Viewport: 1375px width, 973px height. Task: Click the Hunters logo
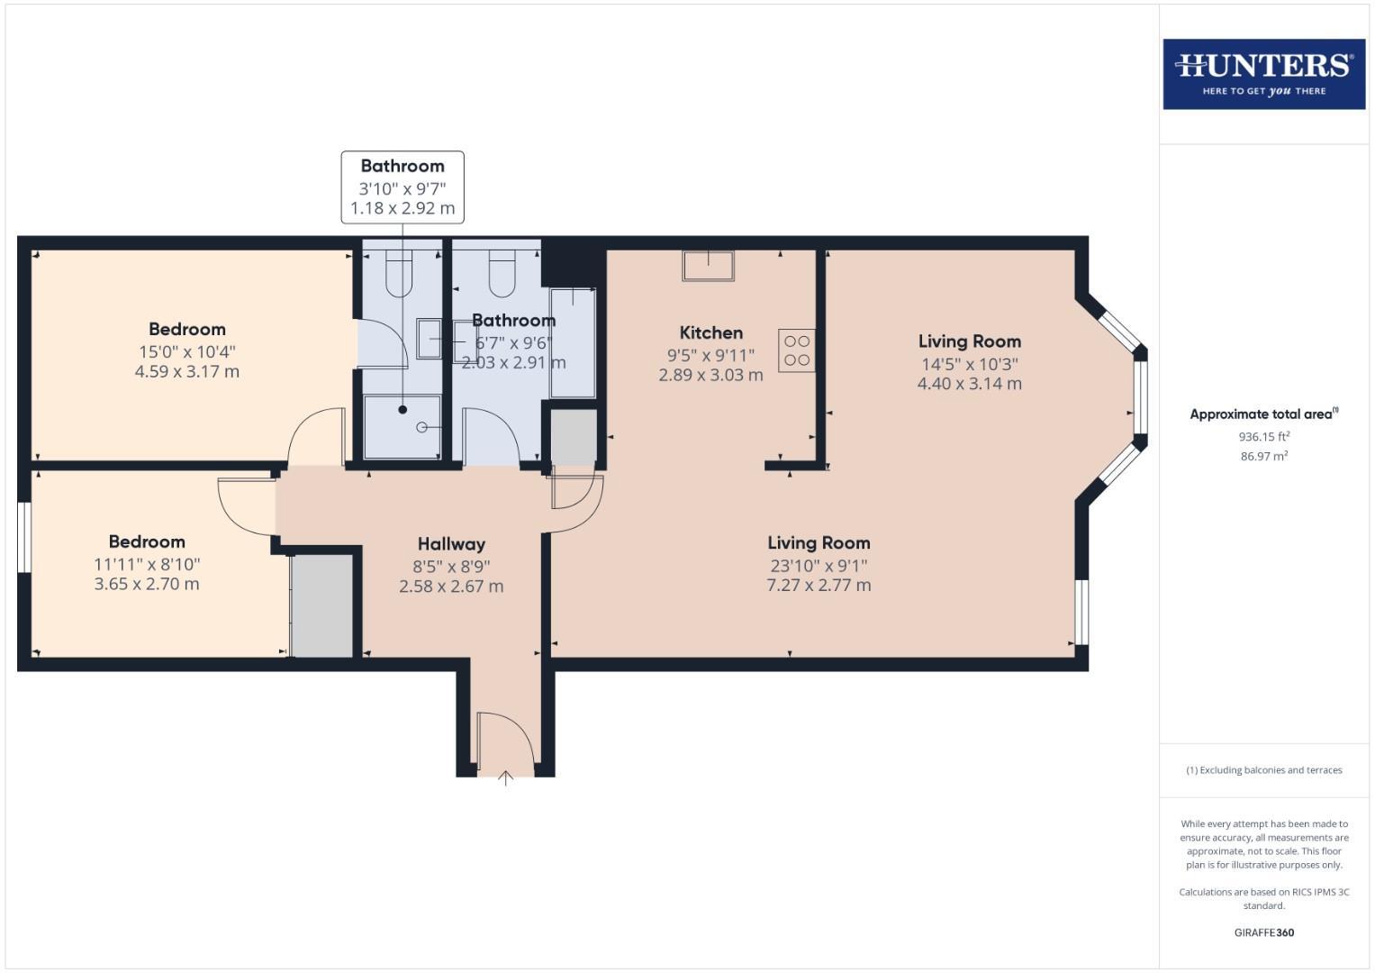[x=1263, y=74]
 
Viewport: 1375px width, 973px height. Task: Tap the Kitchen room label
[x=710, y=333]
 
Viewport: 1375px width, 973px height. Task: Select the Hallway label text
[x=451, y=544]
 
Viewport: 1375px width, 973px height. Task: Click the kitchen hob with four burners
[x=796, y=351]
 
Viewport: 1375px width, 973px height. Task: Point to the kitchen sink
[x=708, y=266]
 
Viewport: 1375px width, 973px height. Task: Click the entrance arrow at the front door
[x=505, y=777]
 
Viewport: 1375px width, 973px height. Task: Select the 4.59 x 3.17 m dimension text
[x=187, y=371]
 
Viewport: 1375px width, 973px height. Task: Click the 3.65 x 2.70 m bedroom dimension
[x=147, y=584]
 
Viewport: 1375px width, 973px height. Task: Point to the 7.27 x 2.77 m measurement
[x=819, y=585]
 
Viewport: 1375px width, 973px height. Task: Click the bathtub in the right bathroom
[x=573, y=342]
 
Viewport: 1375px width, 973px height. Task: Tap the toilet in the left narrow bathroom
[x=399, y=273]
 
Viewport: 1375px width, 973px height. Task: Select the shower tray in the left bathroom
[x=403, y=426]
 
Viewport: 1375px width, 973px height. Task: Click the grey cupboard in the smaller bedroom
[x=321, y=605]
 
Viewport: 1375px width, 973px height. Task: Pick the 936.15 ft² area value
[x=1263, y=437]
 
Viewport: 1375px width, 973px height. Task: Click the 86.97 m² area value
[x=1263, y=457]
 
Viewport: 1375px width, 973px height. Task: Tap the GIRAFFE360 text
[x=1263, y=932]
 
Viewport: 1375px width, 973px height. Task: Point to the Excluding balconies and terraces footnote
[x=1263, y=770]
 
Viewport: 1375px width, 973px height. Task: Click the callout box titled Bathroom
[x=403, y=186]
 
